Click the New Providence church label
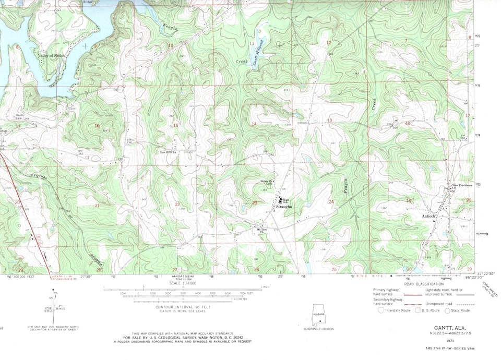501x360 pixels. pyautogui.click(x=462, y=186)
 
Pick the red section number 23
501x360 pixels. pyautogui.click(x=255, y=203)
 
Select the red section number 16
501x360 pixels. pyautogui.click(x=97, y=126)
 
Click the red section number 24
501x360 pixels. pyautogui.click(x=331, y=201)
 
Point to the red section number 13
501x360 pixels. pyautogui.click(x=329, y=121)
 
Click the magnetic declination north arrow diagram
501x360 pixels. pyautogui.click(x=54, y=305)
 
